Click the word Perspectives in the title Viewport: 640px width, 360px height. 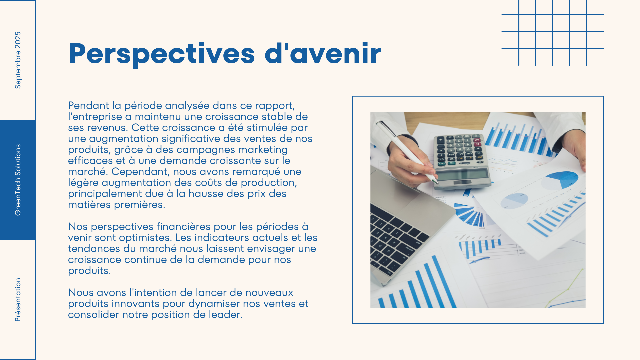[162, 54]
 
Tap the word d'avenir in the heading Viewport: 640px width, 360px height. [323, 53]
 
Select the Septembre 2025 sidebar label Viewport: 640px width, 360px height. [18, 60]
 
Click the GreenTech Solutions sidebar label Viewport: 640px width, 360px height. [18, 180]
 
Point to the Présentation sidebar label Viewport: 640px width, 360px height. [18, 300]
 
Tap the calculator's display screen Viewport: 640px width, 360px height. [462, 174]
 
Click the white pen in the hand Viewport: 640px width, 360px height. [408, 152]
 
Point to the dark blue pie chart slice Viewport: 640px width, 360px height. [567, 178]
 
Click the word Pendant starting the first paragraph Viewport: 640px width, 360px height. [89, 106]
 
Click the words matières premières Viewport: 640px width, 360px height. [117, 205]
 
